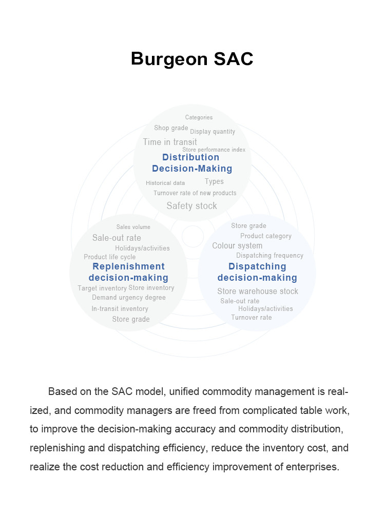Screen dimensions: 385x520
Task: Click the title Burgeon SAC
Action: coord(192,59)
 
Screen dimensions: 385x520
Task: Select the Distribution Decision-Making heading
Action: coord(192,163)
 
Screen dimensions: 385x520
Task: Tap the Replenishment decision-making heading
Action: coord(128,272)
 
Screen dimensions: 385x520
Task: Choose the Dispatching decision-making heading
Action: coord(257,272)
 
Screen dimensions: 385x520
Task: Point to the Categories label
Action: coord(199,117)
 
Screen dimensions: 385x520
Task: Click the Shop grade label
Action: coord(171,128)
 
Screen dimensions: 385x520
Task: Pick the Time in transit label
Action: coord(170,142)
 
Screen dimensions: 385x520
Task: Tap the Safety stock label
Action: coord(191,206)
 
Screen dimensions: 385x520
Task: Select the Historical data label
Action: coord(165,183)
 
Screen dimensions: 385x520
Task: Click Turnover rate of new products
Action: coord(195,193)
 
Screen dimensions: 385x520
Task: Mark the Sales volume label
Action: coord(133,227)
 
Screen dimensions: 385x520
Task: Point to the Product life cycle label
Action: coord(110,257)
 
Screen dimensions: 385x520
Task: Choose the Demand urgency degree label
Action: coord(128,298)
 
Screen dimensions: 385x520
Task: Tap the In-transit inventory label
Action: coord(120,309)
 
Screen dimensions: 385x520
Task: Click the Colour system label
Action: coord(237,246)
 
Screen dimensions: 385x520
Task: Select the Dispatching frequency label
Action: coord(269,255)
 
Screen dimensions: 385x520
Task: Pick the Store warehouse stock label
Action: coord(258,291)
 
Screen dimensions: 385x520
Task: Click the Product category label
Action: coord(266,236)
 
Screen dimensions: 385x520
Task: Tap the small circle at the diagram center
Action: coord(192,236)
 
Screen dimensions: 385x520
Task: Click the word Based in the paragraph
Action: coord(63,391)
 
